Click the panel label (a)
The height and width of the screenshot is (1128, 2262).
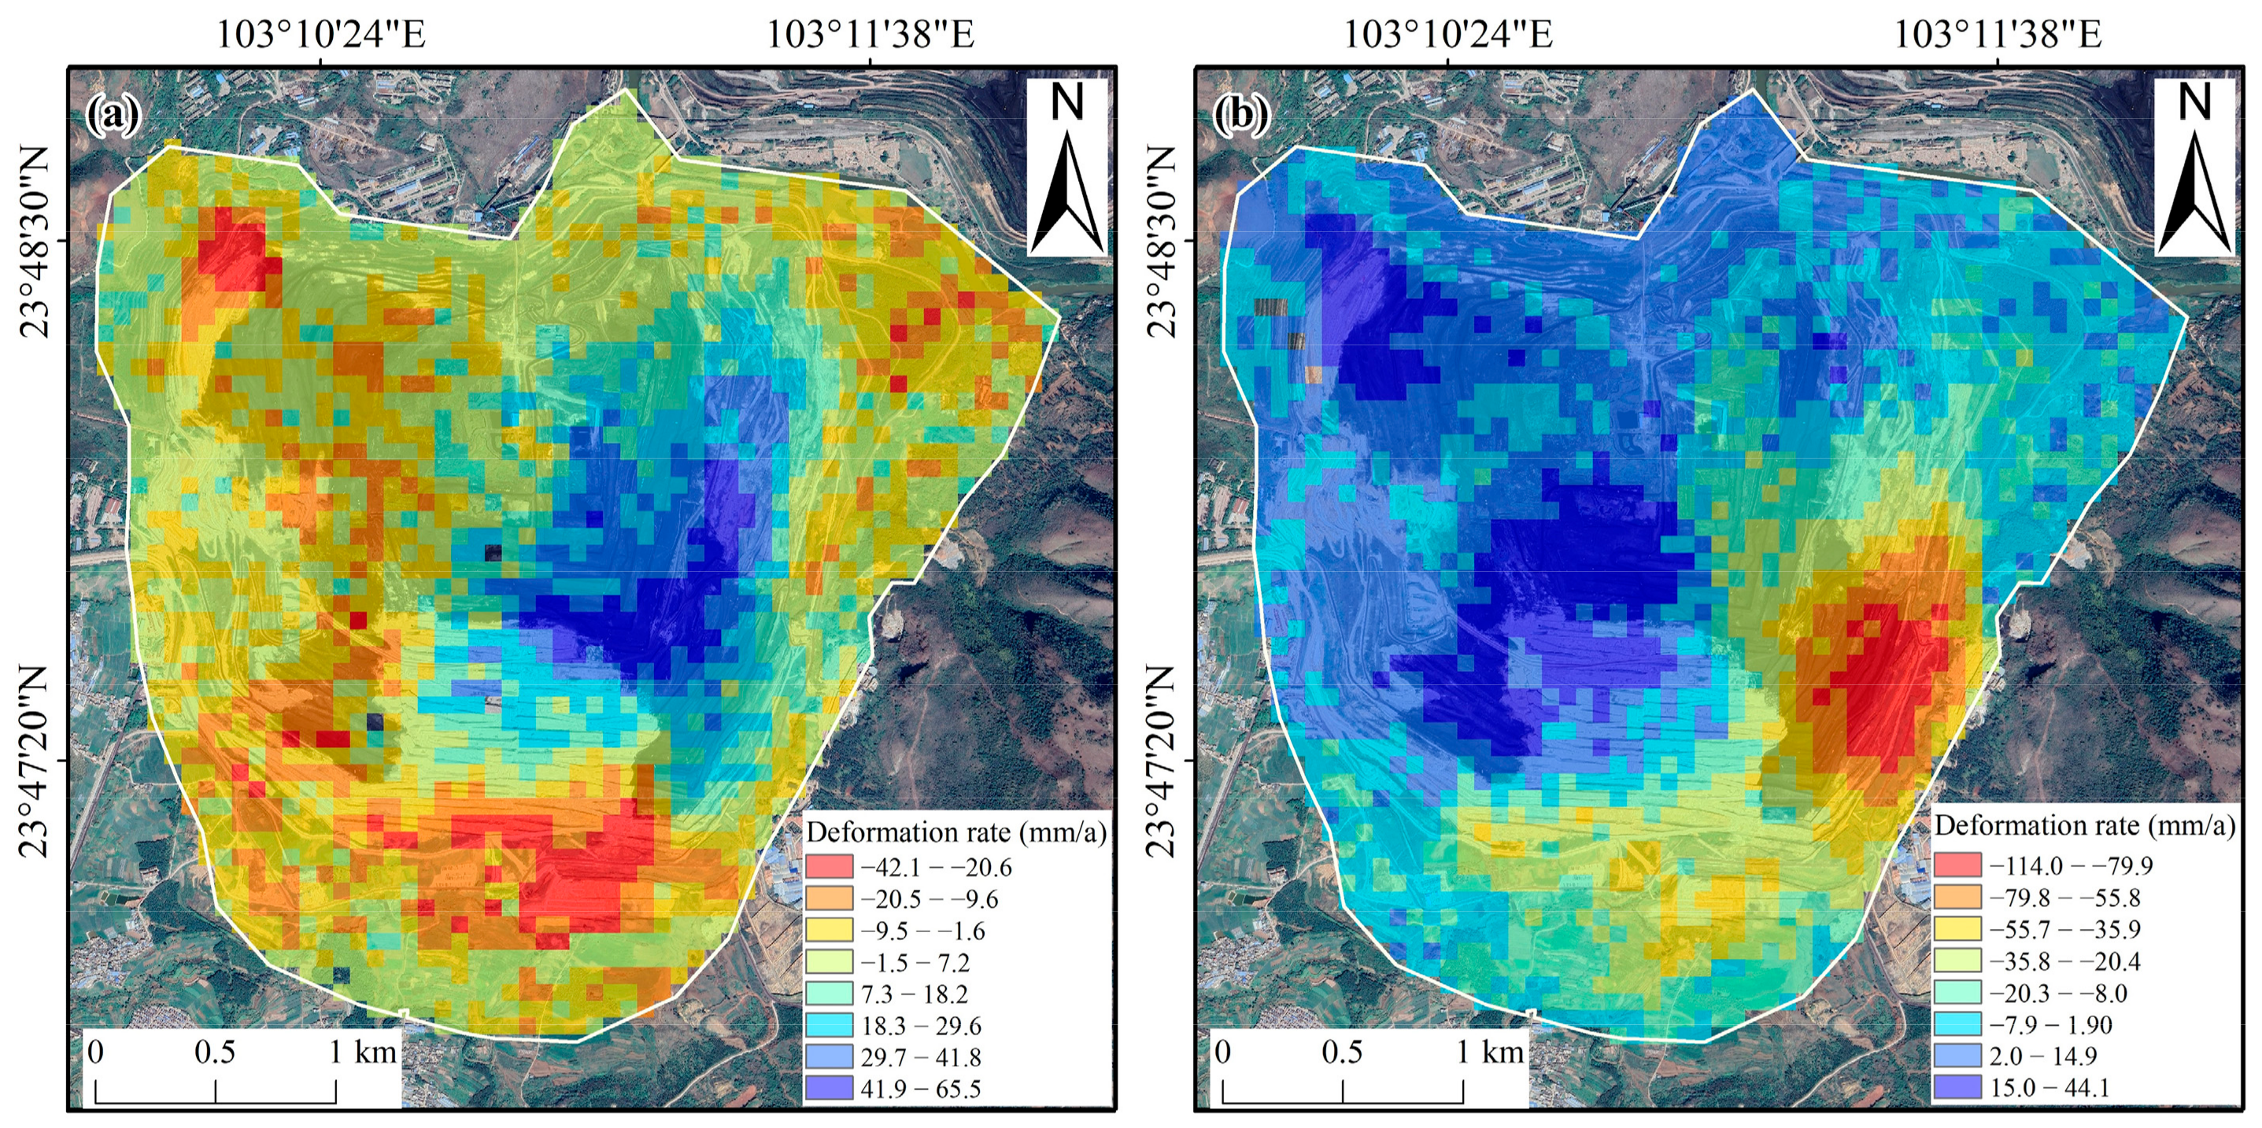[113, 115]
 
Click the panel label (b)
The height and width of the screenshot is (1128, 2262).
[1240, 115]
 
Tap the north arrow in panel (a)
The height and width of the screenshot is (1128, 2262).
[1067, 167]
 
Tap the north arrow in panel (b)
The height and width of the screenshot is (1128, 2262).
[2194, 167]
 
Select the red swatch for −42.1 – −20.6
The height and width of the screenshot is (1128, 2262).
[829, 866]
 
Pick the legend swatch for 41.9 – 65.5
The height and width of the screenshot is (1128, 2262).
[829, 1088]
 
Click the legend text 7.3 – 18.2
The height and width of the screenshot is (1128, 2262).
[914, 993]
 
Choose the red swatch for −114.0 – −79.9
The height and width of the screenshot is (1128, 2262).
[1957, 864]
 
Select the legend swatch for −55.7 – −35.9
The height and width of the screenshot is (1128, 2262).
[1957, 929]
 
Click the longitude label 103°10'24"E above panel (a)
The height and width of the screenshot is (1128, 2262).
[320, 35]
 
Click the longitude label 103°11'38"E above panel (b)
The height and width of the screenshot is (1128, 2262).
[1998, 35]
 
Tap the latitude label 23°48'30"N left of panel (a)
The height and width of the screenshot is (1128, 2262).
[35, 241]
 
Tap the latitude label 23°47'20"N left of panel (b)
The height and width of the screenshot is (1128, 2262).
[1161, 760]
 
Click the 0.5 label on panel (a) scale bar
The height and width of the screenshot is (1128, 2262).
[215, 1052]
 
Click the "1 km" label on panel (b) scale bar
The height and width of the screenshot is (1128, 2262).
[1490, 1052]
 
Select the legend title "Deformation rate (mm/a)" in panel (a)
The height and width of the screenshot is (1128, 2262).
[956, 831]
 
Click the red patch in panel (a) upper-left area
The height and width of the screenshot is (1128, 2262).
[231, 250]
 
